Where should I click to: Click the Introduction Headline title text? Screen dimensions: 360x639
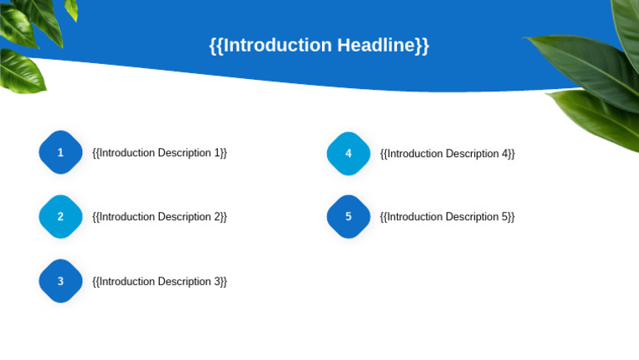319,45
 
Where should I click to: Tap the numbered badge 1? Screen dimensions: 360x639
61,153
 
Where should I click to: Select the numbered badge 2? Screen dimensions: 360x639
61,217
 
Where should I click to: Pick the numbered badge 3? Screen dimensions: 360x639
61,281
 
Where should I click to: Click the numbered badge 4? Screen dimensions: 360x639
349,153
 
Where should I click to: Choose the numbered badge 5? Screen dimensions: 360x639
349,217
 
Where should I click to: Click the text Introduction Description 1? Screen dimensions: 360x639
160,153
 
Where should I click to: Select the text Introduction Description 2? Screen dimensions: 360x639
160,217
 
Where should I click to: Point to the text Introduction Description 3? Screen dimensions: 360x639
160,281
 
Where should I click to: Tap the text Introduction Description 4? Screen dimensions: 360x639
448,153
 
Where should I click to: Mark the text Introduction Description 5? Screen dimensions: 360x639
448,217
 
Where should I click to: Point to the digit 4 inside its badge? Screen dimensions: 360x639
349,153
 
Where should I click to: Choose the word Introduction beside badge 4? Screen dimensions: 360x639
414,153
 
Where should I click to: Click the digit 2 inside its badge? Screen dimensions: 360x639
61,217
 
